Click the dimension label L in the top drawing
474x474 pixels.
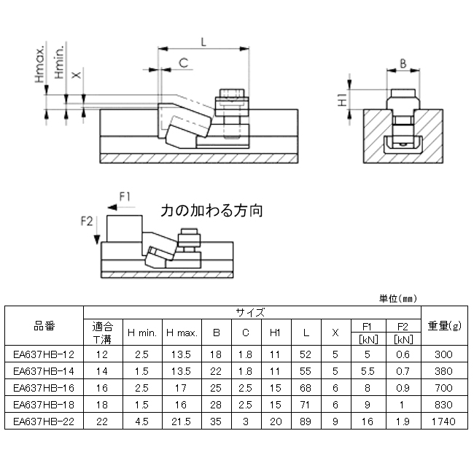(203, 43)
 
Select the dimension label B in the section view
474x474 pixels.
(403, 63)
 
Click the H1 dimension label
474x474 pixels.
(342, 101)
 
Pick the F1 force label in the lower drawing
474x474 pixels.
(125, 195)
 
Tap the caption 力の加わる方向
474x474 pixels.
(212, 211)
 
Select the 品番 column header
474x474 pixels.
(44, 325)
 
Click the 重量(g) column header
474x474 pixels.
(443, 325)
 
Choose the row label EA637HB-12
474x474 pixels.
(44, 355)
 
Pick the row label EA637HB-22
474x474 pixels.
(44, 421)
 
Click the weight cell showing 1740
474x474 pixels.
(443, 421)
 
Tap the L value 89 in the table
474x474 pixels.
(306, 421)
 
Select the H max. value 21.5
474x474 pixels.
(182, 421)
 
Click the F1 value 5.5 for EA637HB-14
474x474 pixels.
(367, 372)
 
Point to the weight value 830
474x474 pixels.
(443, 405)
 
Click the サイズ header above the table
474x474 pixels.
(250, 311)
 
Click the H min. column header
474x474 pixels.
(142, 333)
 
